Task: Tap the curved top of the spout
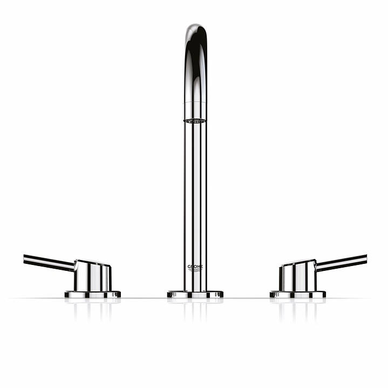196,37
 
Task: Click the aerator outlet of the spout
195,121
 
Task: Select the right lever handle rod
342,262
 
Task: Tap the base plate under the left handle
92,294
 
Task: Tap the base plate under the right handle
298,294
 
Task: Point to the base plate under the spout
195,294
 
